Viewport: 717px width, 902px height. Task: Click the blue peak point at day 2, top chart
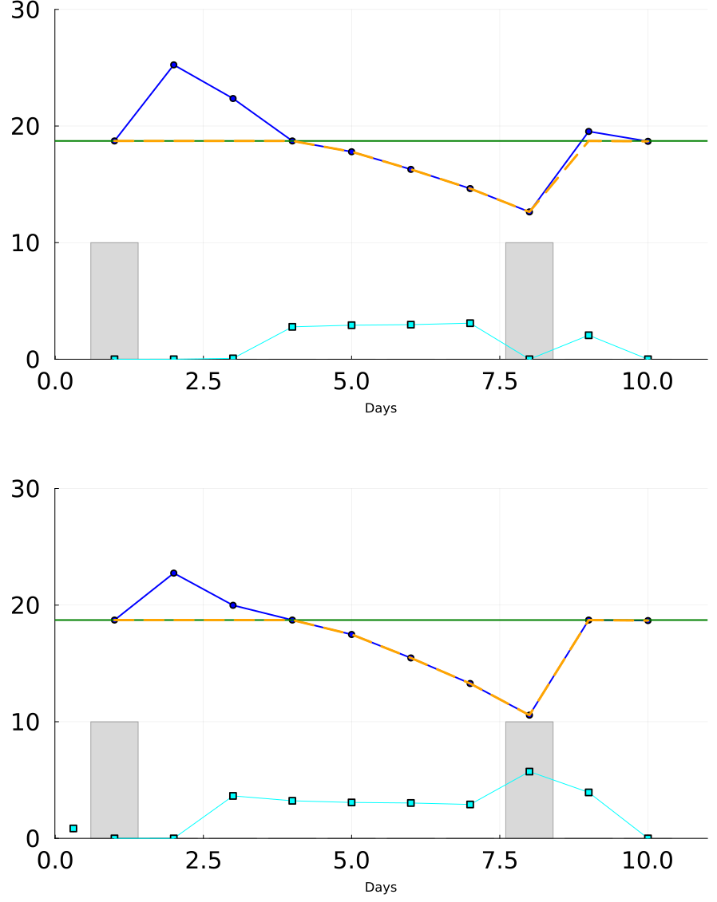click(173, 65)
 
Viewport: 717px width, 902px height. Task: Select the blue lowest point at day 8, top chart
click(529, 211)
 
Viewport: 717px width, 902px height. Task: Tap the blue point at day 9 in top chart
click(588, 132)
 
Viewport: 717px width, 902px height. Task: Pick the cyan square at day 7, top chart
click(470, 323)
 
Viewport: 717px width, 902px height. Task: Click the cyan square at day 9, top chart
click(588, 336)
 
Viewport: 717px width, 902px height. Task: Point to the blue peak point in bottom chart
click(173, 573)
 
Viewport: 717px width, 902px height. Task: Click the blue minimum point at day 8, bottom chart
click(529, 715)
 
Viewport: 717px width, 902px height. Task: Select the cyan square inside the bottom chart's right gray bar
click(529, 771)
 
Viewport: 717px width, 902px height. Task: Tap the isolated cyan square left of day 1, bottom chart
click(73, 829)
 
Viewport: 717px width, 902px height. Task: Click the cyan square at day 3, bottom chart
click(232, 796)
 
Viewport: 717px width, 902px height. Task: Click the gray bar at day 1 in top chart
click(114, 301)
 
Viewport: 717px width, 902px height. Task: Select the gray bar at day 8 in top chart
click(529, 301)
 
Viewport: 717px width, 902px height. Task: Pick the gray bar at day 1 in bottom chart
click(114, 780)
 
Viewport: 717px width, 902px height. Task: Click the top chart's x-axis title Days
click(381, 408)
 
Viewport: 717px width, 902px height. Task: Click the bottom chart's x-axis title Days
click(381, 887)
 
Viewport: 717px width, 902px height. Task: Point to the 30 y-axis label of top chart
click(26, 10)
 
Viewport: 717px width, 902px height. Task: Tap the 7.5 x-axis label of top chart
click(500, 381)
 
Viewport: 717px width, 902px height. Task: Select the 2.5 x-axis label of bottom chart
click(204, 861)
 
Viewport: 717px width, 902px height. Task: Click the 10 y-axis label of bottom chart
click(26, 722)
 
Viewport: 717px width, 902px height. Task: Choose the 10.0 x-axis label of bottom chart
click(648, 861)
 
